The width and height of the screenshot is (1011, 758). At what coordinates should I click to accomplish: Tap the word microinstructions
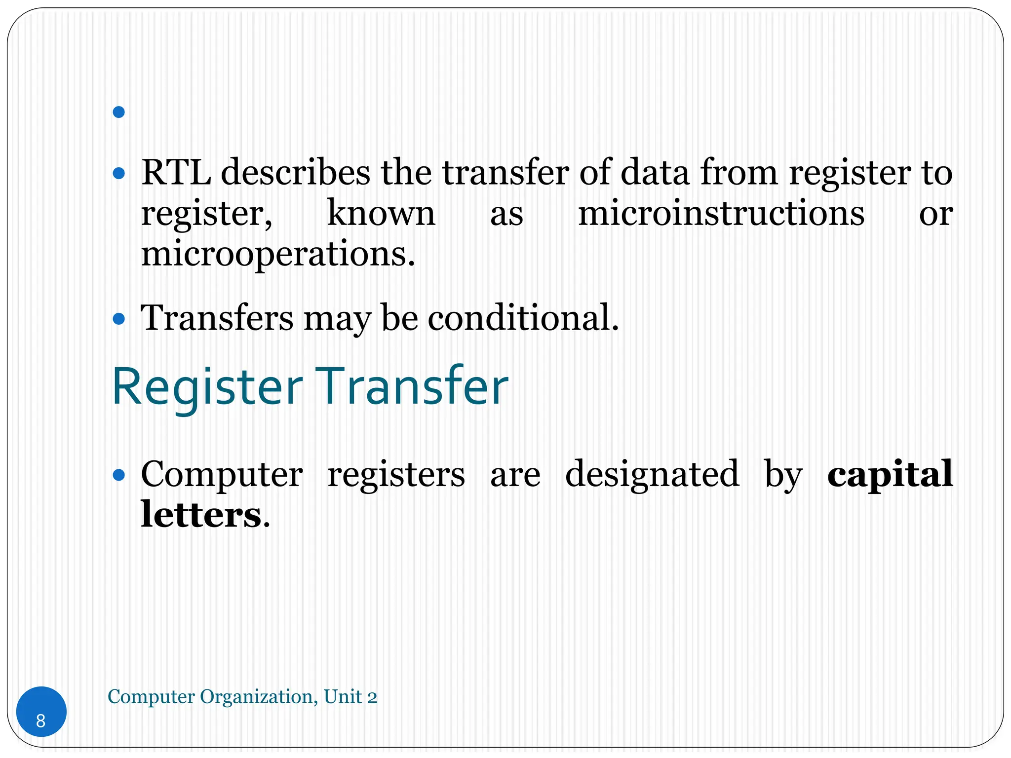(721, 214)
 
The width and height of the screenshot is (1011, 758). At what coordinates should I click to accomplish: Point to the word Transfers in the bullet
(217, 318)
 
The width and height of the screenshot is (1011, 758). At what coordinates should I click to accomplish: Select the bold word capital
(890, 474)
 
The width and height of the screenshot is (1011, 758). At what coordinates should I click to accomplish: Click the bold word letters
(200, 515)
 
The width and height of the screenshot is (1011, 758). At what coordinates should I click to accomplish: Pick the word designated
(652, 474)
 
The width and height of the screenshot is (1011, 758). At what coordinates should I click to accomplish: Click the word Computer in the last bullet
(222, 474)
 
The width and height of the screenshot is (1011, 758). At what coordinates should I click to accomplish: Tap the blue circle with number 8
(41, 711)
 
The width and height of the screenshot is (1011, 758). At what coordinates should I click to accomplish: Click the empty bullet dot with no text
(118, 113)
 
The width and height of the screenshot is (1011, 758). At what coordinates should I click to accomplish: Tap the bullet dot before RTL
(118, 174)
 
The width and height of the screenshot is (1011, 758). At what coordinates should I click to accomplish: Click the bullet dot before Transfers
(118, 319)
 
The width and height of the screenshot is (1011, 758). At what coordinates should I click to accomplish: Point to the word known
(381, 214)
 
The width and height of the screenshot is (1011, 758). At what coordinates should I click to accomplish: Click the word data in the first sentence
(655, 173)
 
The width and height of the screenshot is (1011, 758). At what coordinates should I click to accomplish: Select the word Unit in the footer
(343, 697)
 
